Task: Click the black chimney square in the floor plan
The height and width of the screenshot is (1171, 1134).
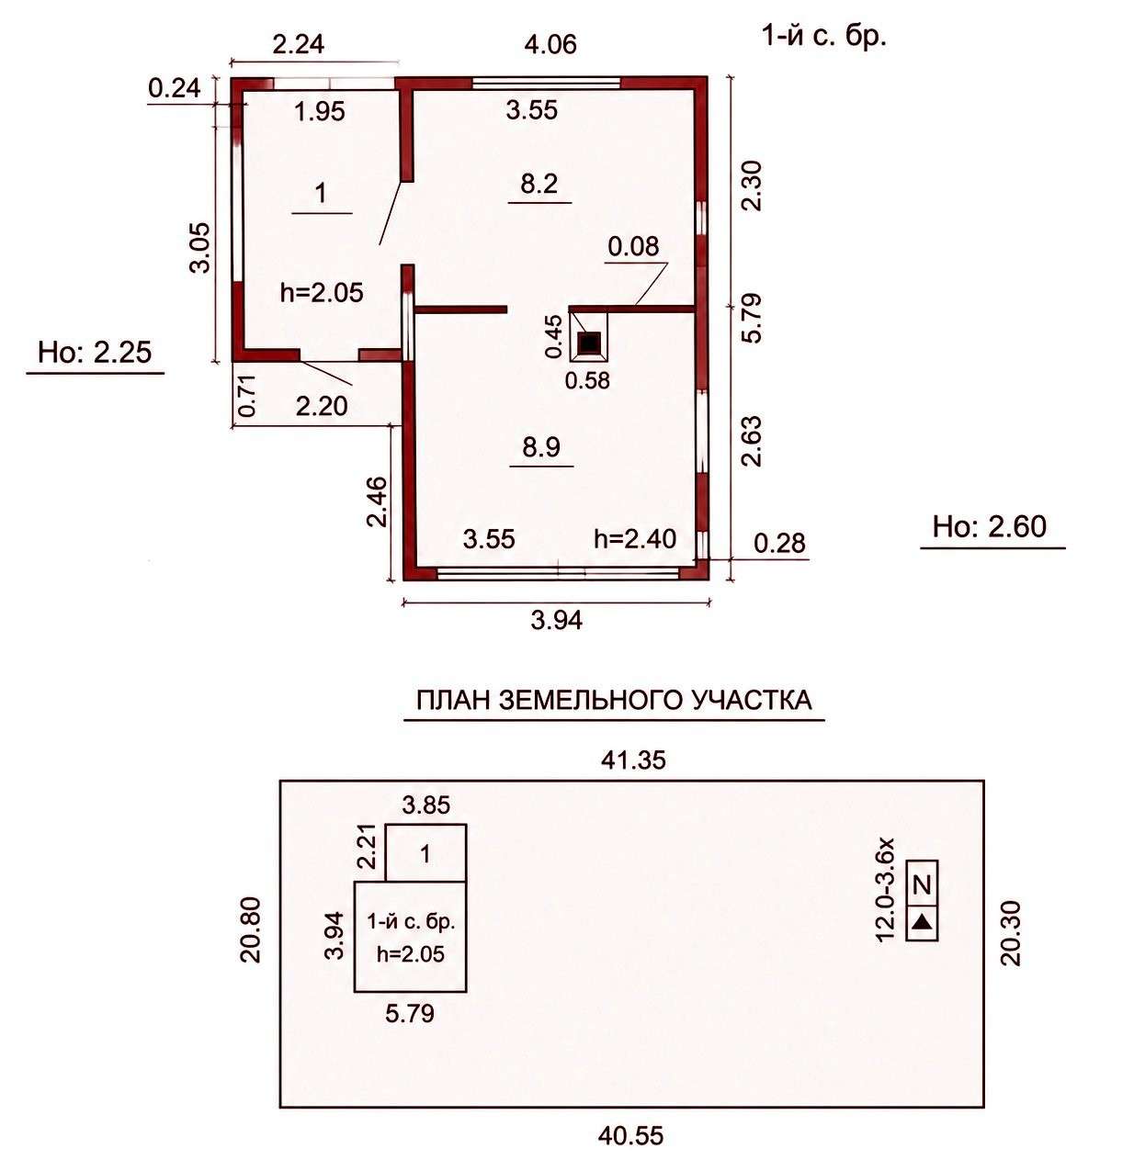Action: (x=588, y=343)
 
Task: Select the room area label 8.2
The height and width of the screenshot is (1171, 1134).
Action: (x=539, y=184)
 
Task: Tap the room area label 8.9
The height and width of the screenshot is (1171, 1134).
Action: (x=540, y=447)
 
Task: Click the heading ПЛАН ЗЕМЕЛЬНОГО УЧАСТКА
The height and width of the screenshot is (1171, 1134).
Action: (x=614, y=701)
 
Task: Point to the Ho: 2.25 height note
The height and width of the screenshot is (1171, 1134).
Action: (x=95, y=352)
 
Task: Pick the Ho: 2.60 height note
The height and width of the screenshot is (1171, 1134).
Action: (x=990, y=526)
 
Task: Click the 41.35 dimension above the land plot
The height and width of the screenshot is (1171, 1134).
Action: (x=633, y=760)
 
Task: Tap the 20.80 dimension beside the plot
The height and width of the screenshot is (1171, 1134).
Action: (x=251, y=930)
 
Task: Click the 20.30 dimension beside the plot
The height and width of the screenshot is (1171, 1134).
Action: (x=1011, y=933)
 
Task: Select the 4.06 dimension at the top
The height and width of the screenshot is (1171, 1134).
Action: (x=550, y=44)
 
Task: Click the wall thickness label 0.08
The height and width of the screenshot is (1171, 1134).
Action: (x=633, y=246)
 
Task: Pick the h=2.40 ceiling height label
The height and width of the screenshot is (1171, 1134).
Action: (x=635, y=538)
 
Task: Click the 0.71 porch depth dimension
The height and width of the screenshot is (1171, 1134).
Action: (x=248, y=395)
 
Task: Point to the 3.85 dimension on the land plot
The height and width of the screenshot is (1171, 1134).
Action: (x=425, y=805)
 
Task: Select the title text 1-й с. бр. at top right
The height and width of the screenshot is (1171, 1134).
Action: (x=824, y=38)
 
